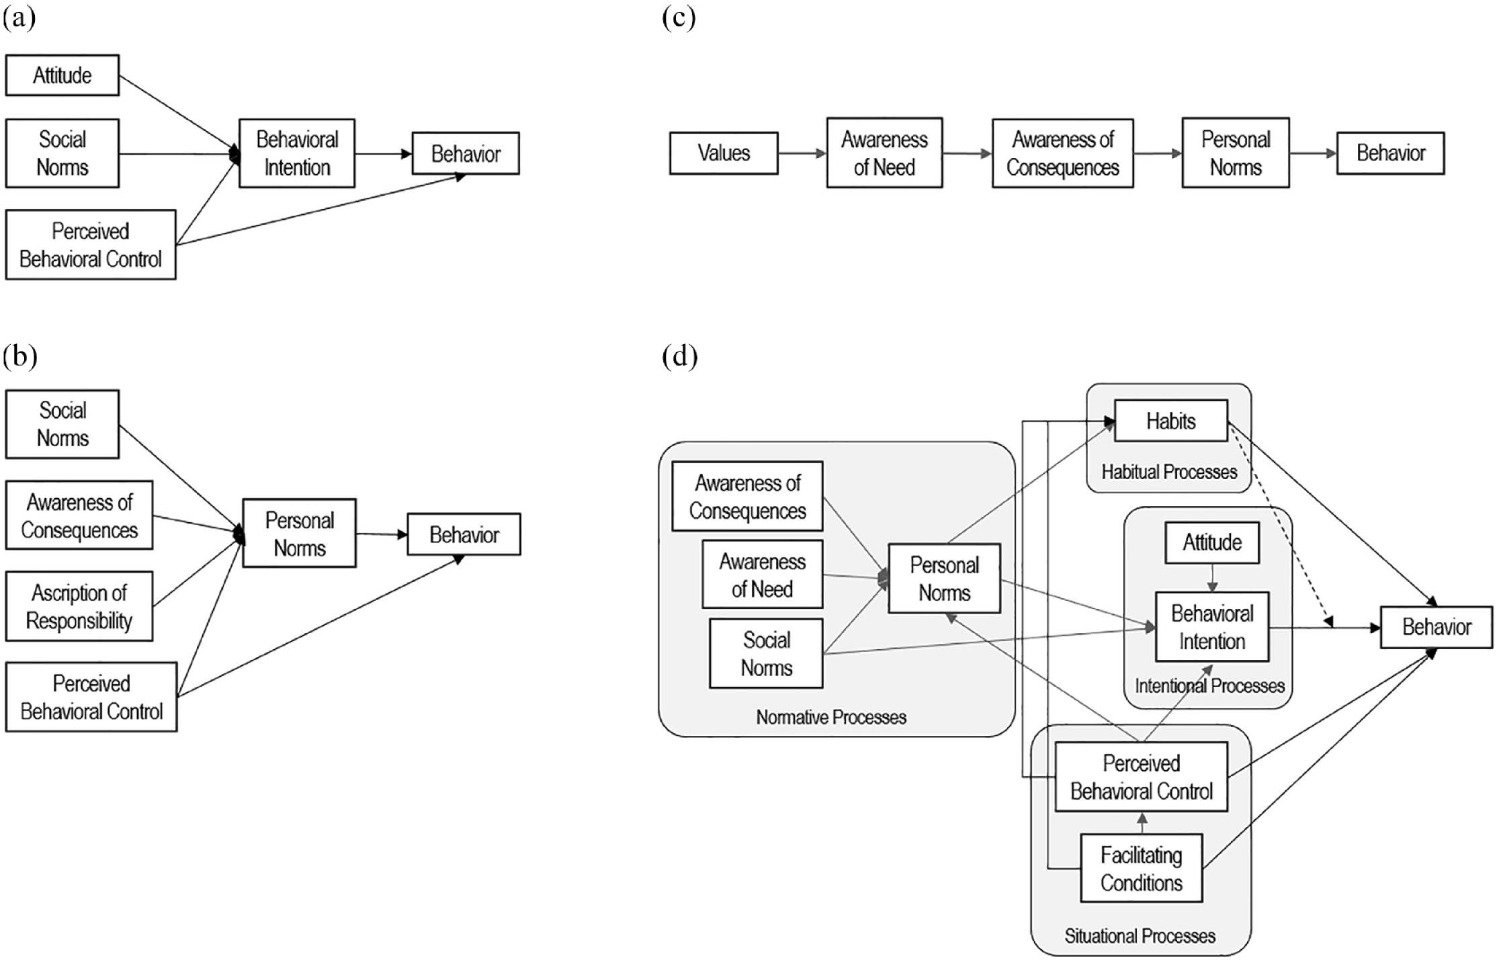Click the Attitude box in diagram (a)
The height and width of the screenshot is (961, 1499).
[x=62, y=75]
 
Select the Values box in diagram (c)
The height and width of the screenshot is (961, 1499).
[x=724, y=153]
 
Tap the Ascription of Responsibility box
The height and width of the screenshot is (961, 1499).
[x=79, y=606]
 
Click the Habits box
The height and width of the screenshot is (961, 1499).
[x=1171, y=421]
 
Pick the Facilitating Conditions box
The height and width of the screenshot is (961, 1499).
[x=1142, y=868]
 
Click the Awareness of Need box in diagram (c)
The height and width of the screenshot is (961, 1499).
[x=884, y=153]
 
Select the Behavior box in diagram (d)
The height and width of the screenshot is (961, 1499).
[x=1437, y=627]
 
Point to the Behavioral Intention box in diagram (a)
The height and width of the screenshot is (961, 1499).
[x=297, y=153]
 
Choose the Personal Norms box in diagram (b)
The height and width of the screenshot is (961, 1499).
[x=300, y=534]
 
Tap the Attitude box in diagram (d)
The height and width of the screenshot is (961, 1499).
[x=1212, y=542]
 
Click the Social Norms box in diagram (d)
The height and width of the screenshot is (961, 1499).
[x=766, y=654]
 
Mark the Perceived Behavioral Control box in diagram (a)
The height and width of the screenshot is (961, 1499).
[x=91, y=245]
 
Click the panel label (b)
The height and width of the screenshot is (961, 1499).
[x=19, y=356]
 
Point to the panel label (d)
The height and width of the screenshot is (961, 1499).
[x=679, y=356]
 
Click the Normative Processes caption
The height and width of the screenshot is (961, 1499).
[x=831, y=717]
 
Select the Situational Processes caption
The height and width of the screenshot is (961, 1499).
[x=1140, y=935]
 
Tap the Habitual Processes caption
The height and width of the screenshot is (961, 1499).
[x=1169, y=472]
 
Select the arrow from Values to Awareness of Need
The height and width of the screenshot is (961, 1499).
[x=802, y=153]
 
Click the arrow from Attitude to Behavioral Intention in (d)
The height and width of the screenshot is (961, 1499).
[x=1212, y=577]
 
